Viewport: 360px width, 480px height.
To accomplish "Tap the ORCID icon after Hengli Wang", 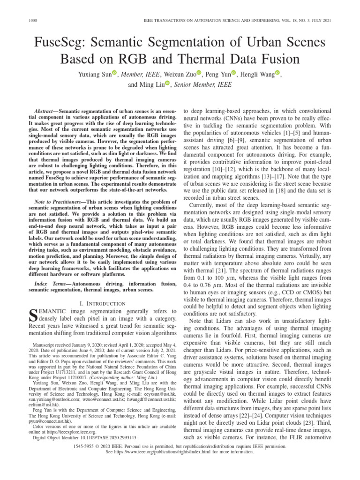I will click(x=277, y=73).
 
